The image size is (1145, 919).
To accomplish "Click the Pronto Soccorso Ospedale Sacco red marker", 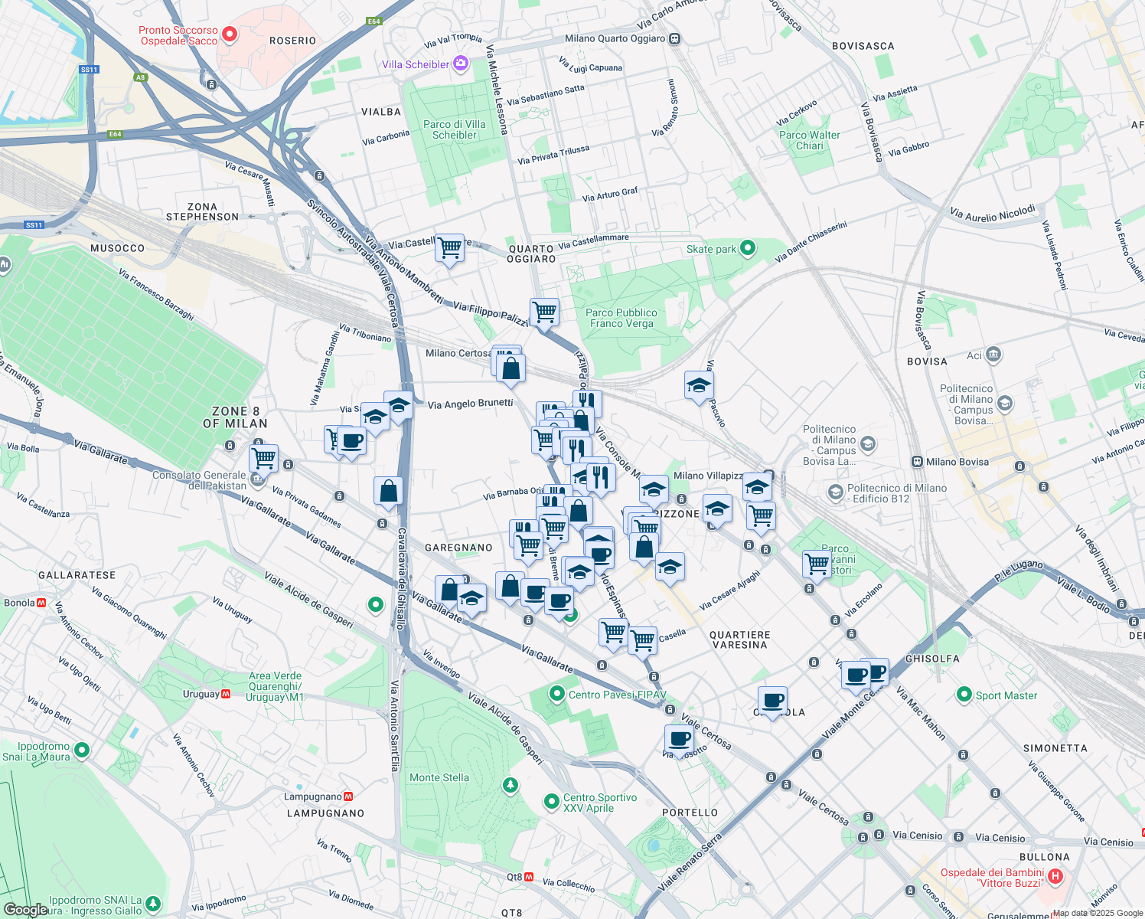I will pos(229,34).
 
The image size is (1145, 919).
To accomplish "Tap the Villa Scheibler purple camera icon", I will pos(461,64).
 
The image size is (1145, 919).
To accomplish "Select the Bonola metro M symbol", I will pos(41,603).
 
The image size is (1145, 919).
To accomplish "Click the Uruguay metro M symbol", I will pos(226,694).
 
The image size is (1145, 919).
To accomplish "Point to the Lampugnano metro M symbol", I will pos(348,796).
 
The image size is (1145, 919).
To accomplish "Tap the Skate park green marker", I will pos(748,247).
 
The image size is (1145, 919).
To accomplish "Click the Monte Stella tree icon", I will pos(510,785).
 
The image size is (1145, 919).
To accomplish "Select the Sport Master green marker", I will pos(964,695).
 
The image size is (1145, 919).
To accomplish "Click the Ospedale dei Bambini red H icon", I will pos(1055,876).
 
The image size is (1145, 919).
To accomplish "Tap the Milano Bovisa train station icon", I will pos(917,462).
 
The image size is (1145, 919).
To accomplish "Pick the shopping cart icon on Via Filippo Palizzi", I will pos(544,312).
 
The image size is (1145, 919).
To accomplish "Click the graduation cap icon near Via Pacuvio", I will pos(699,385).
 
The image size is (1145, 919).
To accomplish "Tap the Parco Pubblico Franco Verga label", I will pos(621,318).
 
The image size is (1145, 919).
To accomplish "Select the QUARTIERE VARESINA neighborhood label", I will pos(739,639).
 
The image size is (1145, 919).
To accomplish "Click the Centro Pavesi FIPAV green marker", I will pos(557,694).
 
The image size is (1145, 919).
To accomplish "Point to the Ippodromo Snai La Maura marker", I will pos(82,751).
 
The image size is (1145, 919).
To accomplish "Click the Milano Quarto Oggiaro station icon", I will pos(674,38).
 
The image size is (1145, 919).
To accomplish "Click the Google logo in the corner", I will pos(25,910).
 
